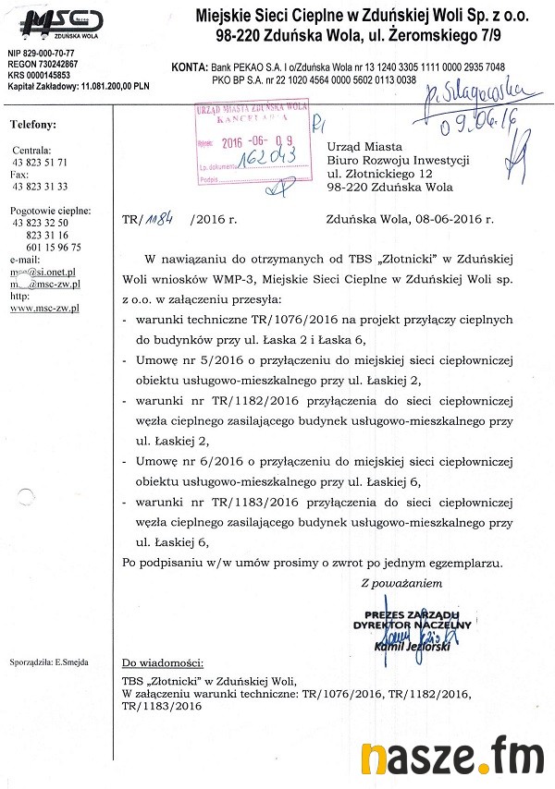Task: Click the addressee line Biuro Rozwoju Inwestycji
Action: (399, 159)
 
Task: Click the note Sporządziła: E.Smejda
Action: (46, 663)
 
